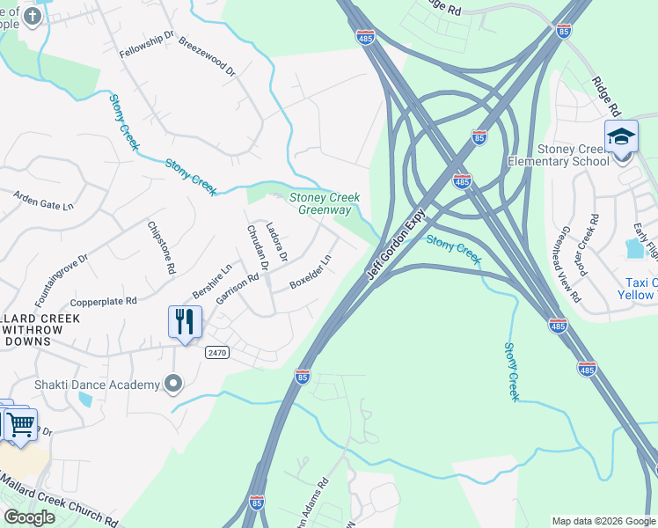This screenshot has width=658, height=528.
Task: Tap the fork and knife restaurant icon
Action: click(185, 321)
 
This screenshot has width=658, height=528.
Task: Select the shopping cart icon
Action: click(20, 424)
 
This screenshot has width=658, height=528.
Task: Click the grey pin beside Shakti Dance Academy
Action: click(173, 383)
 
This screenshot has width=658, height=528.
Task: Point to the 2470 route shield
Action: click(216, 352)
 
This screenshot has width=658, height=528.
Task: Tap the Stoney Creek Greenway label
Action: click(325, 204)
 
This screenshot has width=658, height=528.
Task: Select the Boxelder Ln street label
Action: click(311, 273)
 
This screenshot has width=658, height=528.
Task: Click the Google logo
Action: click(28, 517)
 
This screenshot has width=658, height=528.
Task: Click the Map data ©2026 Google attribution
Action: click(603, 521)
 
